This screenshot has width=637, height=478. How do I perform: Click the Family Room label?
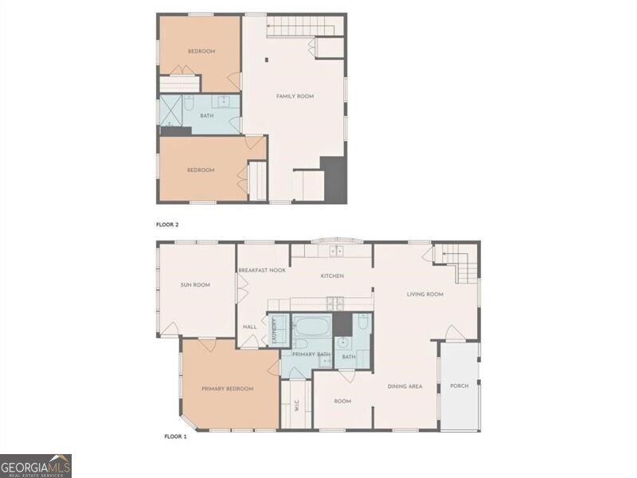point(295,96)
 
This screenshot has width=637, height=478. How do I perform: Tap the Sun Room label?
point(195,285)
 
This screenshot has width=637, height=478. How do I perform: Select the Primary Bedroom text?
point(228,389)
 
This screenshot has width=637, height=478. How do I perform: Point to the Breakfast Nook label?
point(262,270)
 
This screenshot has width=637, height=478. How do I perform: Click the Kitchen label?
point(332,276)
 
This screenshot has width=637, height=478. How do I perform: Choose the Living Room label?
point(425,294)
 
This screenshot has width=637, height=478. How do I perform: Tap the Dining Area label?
point(404,386)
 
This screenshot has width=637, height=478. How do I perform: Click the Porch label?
point(459,386)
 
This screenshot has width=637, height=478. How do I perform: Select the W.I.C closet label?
point(296,406)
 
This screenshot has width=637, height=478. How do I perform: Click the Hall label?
point(249,327)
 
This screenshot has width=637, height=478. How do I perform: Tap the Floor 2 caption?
point(167,225)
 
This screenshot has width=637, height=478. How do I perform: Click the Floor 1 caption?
point(175,437)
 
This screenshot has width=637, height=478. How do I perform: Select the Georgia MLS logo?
point(36,466)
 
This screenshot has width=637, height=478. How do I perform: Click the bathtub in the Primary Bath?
point(311,326)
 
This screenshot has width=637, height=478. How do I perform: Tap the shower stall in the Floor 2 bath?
point(170,110)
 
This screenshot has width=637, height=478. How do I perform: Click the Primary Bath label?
point(311,355)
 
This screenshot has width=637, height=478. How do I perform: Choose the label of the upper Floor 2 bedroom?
point(201,51)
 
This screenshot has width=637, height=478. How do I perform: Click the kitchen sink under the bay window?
point(336,252)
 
